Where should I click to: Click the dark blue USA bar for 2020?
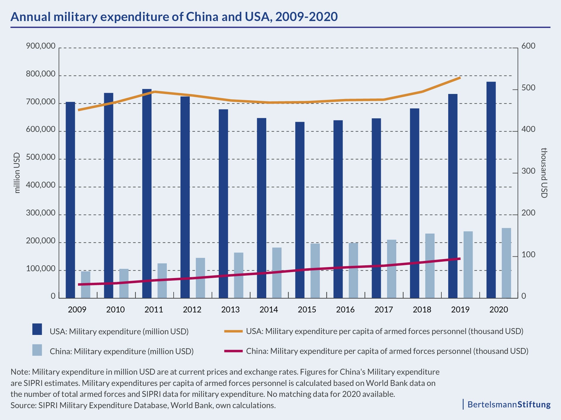[491, 190]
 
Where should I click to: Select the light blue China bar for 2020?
[506, 263]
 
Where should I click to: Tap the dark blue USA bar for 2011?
[147, 193]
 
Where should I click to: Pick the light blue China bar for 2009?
[86, 285]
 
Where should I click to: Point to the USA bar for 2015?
[300, 210]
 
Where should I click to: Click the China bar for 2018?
[430, 266]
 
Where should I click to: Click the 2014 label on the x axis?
[269, 310]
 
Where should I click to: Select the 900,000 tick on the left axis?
[41, 46]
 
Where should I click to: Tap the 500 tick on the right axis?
[528, 88]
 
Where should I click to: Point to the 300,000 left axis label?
[41, 213]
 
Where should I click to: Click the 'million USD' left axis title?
[17, 173]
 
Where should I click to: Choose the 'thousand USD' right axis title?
[544, 173]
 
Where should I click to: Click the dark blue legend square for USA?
[37, 329]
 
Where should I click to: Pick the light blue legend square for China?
[37, 350]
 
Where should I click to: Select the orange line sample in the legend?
[234, 331]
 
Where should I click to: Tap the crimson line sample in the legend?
[234, 351]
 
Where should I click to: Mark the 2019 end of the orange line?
[460, 78]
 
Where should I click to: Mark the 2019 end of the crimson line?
[459, 259]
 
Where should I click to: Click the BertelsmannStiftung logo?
[509, 404]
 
